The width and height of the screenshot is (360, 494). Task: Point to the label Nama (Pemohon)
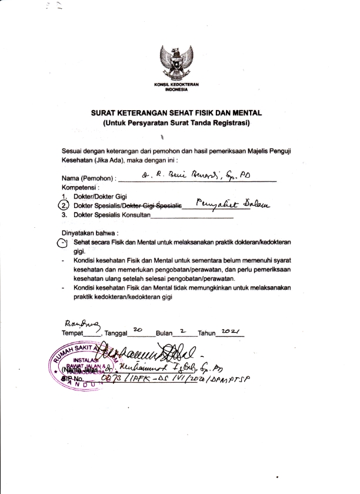point(89,178)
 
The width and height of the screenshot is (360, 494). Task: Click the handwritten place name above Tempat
point(79,321)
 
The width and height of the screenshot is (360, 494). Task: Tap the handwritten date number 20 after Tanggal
point(138,330)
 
